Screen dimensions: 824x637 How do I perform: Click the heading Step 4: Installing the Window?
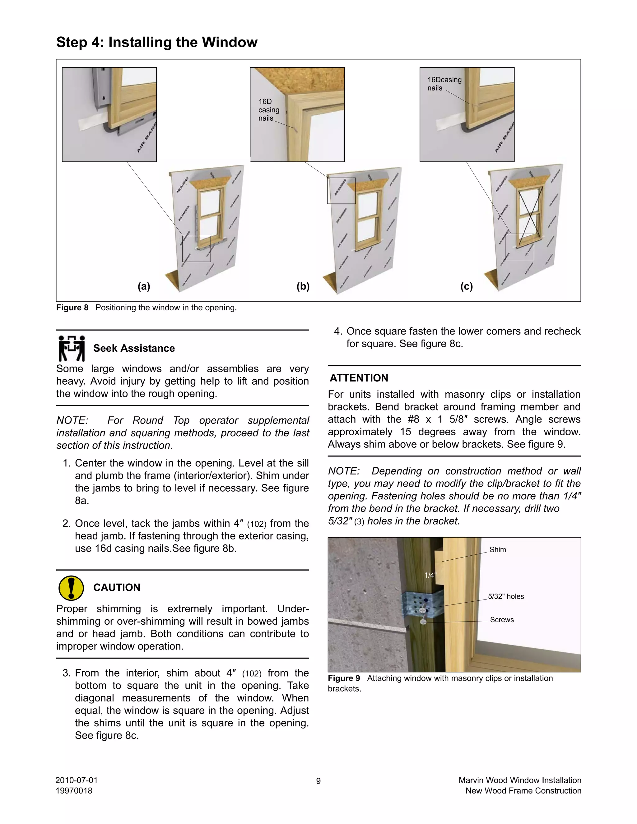coord(157,42)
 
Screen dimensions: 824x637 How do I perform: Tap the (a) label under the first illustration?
coord(144,286)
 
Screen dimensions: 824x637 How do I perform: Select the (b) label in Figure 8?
coord(303,286)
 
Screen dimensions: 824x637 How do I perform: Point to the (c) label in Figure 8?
coord(467,286)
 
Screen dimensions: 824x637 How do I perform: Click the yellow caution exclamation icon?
coord(71,588)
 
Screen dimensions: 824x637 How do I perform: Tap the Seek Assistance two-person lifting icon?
coord(71,348)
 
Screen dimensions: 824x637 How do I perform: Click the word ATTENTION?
coord(359,378)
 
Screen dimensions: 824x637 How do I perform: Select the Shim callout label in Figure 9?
coord(497,550)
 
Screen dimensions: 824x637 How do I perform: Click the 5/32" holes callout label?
coord(506,596)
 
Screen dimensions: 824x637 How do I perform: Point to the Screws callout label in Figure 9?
coord(501,620)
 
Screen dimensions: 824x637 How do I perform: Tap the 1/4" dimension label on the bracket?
coord(430,575)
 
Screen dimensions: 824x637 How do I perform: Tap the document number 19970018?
coord(74,791)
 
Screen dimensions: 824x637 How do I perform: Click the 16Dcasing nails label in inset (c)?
coord(444,84)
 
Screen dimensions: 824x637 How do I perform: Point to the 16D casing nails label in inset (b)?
coord(268,110)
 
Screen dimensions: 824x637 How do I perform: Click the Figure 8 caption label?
coord(72,308)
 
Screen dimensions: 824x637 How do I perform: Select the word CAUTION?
coord(117,587)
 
